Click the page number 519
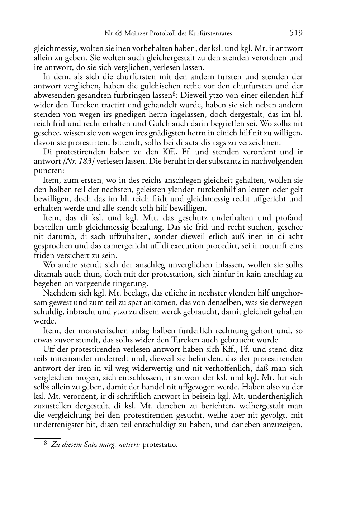pyautogui.click(x=296, y=33)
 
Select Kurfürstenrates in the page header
pyautogui.click(x=212, y=34)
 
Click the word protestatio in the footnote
pyautogui.click(x=160, y=445)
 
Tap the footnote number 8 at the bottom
pyautogui.click(x=45, y=444)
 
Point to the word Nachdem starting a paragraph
pyautogui.click(x=58, y=293)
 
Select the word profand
pyautogui.click(x=289, y=218)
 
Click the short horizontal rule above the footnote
pyautogui.click(x=47, y=438)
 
